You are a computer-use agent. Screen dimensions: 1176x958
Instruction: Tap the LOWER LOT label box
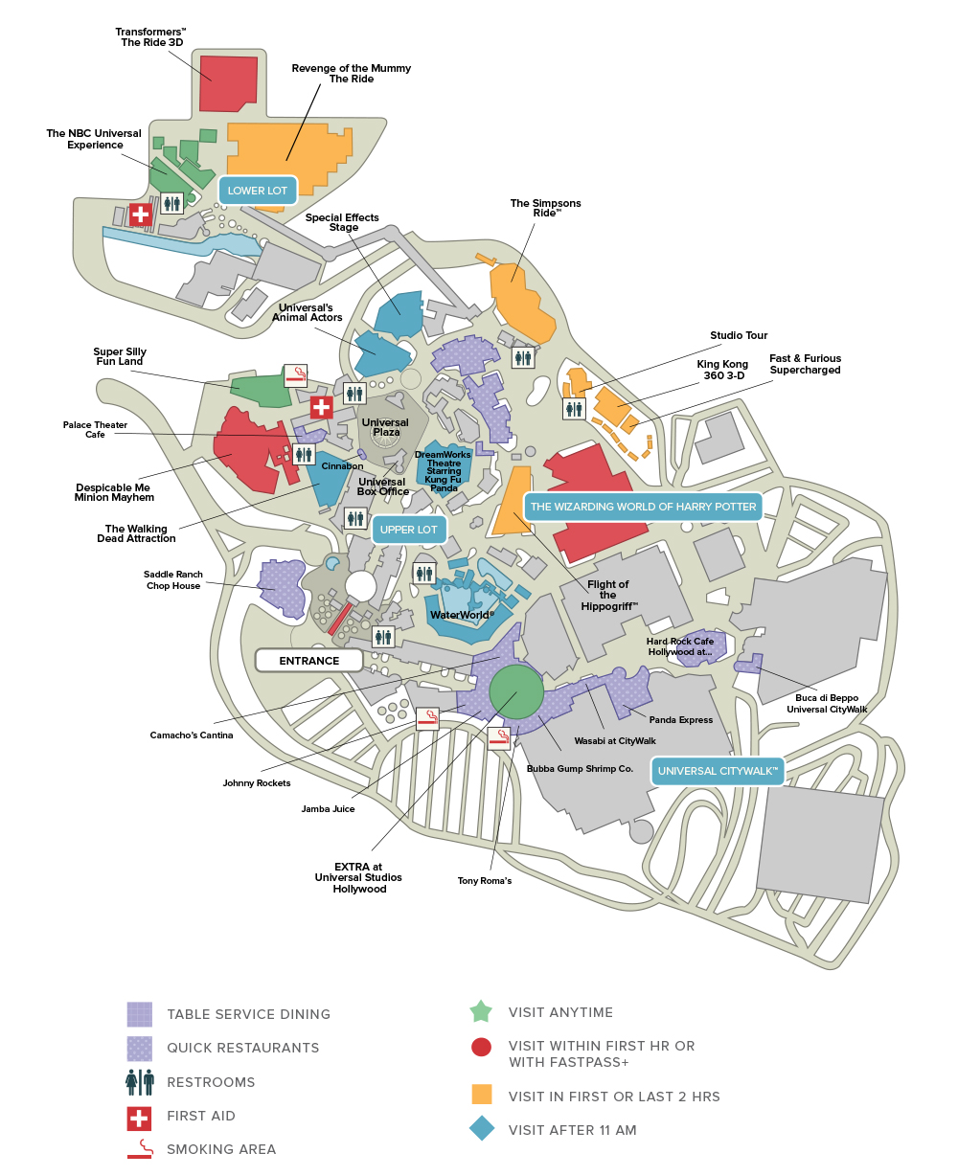[258, 191]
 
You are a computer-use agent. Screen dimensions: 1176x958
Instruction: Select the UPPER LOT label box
[408, 530]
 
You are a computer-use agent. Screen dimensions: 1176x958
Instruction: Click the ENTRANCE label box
[308, 661]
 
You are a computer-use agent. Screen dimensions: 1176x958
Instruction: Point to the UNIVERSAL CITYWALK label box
[718, 771]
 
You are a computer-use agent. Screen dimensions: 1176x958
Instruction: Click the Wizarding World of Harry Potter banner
[643, 507]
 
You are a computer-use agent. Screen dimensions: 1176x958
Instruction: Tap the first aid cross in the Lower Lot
[141, 215]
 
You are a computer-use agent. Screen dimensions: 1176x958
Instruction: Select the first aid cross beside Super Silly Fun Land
[321, 408]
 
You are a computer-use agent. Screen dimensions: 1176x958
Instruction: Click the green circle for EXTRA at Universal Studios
[516, 691]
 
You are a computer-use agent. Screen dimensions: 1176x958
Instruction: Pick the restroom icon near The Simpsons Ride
[523, 358]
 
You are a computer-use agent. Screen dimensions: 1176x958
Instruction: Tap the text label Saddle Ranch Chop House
[173, 580]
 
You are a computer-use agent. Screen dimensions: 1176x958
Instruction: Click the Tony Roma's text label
[485, 881]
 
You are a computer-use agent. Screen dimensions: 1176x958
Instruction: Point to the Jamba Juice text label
[328, 809]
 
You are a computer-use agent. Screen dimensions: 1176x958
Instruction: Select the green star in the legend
[480, 1011]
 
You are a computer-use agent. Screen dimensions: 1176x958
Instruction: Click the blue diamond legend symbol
[481, 1129]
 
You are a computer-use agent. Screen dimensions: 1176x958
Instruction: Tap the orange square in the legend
[481, 1095]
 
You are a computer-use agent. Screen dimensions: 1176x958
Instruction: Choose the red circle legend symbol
[481, 1047]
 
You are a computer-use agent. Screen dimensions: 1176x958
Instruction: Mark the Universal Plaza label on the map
[386, 427]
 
